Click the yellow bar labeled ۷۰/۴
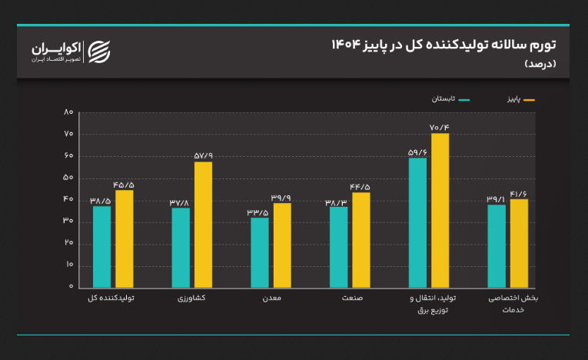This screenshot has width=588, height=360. coord(440,210)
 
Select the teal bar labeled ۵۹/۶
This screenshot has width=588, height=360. coord(417,222)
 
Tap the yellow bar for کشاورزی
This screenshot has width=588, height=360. coord(203,225)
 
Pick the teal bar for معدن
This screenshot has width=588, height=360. coord(260,252)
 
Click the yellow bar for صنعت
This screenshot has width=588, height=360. coord(360,239)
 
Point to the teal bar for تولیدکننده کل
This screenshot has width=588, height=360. coord(102,246)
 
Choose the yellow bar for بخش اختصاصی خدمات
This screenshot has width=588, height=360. coord(520,243)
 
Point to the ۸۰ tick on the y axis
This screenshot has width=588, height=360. coord(68,113)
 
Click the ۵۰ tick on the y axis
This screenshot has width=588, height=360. coord(68,178)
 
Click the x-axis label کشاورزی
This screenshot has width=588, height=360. coord(191,298)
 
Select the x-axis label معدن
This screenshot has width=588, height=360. coord(271,298)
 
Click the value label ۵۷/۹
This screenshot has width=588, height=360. coord(204,155)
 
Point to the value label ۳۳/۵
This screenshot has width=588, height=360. coord(257,212)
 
